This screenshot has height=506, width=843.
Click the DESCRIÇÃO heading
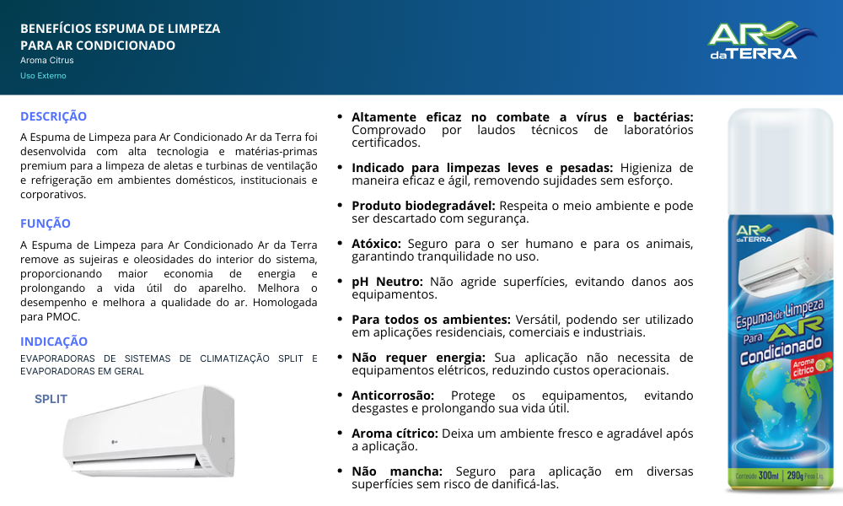click(53, 116)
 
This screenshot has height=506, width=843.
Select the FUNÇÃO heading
click(46, 223)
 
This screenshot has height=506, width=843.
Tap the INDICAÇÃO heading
click(54, 342)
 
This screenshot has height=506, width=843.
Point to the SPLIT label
click(51, 399)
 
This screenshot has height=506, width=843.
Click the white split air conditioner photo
click(149, 432)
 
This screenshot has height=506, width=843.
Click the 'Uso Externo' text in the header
click(43, 76)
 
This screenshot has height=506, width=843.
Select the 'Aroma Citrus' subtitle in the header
click(47, 61)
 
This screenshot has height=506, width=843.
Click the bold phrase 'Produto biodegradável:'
click(423, 205)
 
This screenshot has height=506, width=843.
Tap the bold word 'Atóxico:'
click(376, 244)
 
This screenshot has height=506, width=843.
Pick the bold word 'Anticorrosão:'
click(393, 395)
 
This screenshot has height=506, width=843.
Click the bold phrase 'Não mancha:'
click(400, 471)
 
